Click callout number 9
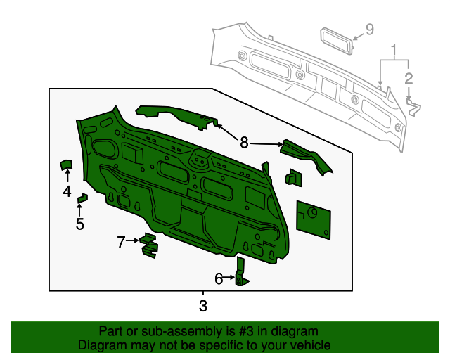coord(369,30)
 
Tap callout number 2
coord(409,78)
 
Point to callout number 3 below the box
coord(203,306)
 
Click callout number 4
coord(67,191)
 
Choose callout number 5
coord(79,224)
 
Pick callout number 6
coord(219,279)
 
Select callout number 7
coord(121,242)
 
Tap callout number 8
coord(244,143)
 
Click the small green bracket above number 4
coord(66,165)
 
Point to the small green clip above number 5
coord(82,198)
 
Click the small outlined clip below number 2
coord(414,107)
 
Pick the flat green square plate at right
coord(314,217)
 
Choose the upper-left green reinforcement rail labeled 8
coord(176,114)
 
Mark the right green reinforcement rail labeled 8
coord(308,155)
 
